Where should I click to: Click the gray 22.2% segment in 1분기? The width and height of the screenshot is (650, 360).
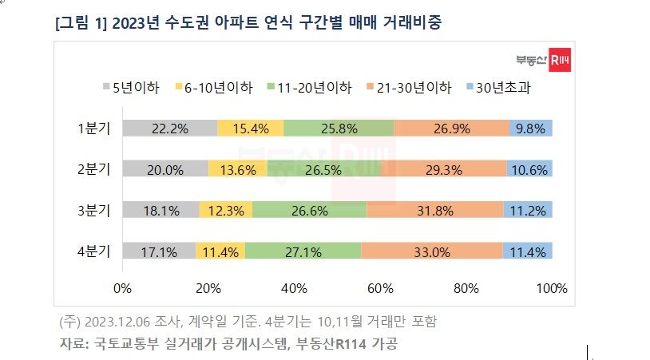(170, 128)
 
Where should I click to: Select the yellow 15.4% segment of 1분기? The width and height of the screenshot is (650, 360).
(251, 128)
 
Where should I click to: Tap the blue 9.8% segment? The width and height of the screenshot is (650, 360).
(530, 128)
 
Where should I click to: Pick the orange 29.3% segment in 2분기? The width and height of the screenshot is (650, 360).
(443, 168)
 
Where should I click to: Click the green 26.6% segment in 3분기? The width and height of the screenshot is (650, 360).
(309, 210)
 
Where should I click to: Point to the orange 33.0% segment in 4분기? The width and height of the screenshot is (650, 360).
(432, 251)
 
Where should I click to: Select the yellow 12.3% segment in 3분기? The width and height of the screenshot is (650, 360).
(226, 210)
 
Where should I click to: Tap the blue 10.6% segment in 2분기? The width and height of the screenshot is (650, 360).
(529, 168)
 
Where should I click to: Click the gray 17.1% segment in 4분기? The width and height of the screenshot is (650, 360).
(159, 251)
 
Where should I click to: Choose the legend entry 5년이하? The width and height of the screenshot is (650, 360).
(132, 88)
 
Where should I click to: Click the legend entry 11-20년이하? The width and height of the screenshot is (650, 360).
(310, 88)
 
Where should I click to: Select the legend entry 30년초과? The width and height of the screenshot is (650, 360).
(499, 88)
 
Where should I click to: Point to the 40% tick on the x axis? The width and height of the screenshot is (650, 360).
(294, 288)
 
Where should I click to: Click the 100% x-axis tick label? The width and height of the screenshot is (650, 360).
(552, 288)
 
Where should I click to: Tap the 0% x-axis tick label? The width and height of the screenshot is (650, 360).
(122, 288)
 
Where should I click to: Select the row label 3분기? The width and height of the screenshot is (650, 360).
(93, 210)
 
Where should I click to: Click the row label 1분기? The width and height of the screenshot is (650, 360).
(93, 129)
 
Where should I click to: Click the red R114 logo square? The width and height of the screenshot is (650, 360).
(560, 60)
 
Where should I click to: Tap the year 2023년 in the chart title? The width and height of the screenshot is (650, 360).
(136, 22)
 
